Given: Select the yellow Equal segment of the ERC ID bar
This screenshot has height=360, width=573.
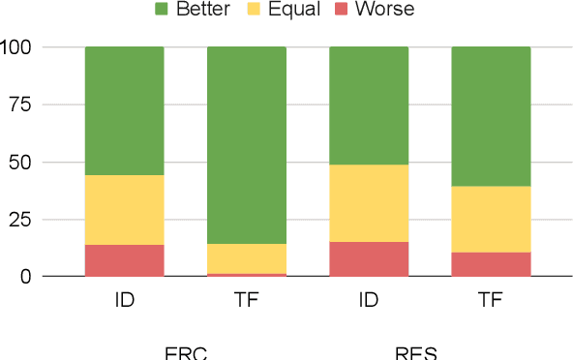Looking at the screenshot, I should tap(124, 210).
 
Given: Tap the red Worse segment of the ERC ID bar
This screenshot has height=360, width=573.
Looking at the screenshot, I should tap(124, 260).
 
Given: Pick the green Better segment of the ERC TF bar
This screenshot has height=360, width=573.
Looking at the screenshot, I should tap(247, 145).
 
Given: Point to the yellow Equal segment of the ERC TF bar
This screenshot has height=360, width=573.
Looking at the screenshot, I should tap(247, 258).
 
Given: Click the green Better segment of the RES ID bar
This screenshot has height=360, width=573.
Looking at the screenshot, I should tap(369, 105).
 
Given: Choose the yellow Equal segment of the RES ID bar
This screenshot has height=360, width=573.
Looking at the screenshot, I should tap(369, 203).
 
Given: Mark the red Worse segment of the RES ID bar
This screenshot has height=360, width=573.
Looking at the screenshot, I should tap(369, 259).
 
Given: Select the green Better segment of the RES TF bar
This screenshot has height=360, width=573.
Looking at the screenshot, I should tap(491, 116).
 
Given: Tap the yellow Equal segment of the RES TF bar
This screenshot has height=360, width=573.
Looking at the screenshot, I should tap(491, 219).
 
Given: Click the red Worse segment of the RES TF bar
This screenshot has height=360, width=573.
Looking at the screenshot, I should tap(491, 264).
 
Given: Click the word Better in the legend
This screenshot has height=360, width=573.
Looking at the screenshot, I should tap(203, 11).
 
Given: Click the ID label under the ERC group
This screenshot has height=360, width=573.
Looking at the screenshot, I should tap(124, 300).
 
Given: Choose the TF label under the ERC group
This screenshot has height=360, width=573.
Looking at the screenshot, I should tap(247, 300).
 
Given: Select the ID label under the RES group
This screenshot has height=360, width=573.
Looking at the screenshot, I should tap(369, 300).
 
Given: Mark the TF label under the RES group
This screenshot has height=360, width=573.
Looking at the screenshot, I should tap(491, 300).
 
